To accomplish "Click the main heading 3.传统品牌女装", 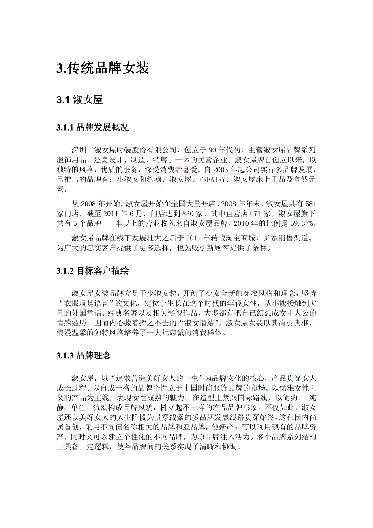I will (x=103, y=68).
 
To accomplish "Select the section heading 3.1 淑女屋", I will (x=79, y=100).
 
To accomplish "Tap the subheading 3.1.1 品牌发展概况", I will (x=92, y=128).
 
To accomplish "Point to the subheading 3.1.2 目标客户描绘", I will (x=92, y=271).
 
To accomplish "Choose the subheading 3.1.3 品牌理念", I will (x=84, y=356).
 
